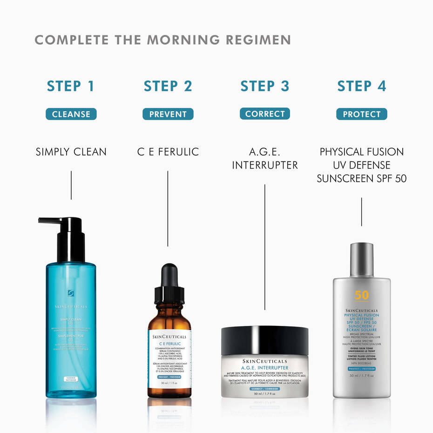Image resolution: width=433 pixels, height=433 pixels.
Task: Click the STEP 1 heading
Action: [71, 86]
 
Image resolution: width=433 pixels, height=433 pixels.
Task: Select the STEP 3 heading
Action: [265, 86]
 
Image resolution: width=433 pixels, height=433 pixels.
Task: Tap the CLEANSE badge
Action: [71, 114]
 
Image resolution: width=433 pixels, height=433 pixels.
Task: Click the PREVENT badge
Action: [168, 114]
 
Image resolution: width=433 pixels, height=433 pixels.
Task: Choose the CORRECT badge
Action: [265, 114]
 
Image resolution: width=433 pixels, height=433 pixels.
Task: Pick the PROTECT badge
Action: [361, 114]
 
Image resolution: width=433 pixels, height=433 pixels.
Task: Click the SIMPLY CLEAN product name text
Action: [71, 152]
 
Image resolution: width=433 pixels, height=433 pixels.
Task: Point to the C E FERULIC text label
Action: [168, 152]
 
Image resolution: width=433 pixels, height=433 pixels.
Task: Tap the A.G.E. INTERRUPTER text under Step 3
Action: [265, 158]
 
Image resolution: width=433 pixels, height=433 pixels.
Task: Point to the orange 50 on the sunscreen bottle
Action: [361, 295]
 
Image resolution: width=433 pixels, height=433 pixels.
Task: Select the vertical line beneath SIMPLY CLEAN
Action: [71, 185]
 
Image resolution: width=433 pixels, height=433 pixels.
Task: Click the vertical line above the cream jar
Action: [265, 247]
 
